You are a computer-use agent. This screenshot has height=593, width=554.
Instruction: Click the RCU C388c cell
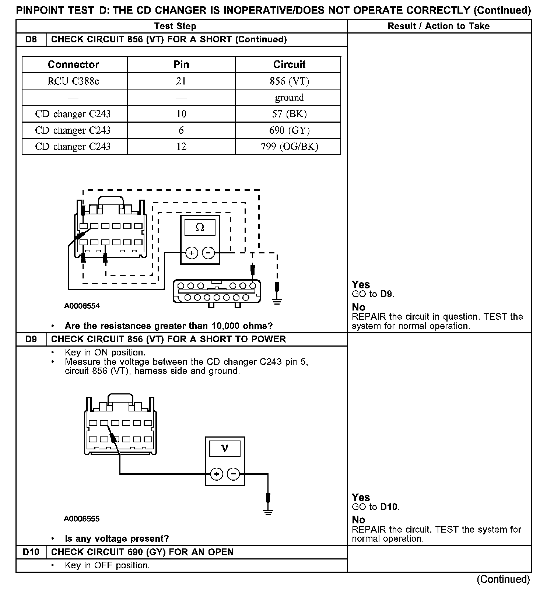pyautogui.click(x=73, y=81)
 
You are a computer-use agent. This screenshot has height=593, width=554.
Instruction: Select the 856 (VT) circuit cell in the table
pyautogui.click(x=289, y=81)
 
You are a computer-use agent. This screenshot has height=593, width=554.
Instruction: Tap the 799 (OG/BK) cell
pyautogui.click(x=289, y=147)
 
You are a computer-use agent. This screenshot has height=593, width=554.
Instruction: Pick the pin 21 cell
pyautogui.click(x=181, y=81)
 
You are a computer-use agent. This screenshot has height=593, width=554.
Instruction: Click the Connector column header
pyautogui.click(x=73, y=64)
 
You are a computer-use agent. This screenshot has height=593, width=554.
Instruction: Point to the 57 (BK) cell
pyautogui.click(x=289, y=114)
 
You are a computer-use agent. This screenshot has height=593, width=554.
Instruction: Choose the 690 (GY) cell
pyautogui.click(x=289, y=130)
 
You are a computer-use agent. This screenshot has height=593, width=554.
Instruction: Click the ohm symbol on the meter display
pyautogui.click(x=200, y=227)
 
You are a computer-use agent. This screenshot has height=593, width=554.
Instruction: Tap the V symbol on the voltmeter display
pyautogui.click(x=225, y=448)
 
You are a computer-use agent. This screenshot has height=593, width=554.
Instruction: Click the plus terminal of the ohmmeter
pyautogui.click(x=192, y=253)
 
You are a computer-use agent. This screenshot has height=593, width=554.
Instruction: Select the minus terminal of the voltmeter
pyautogui.click(x=233, y=474)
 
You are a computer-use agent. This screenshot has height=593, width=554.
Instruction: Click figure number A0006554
pyautogui.click(x=82, y=306)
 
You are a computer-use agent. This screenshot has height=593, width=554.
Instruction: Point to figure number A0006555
pyautogui.click(x=82, y=519)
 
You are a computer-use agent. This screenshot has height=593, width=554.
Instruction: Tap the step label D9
pyautogui.click(x=31, y=339)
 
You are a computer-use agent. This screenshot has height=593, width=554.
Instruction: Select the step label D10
pyautogui.click(x=31, y=552)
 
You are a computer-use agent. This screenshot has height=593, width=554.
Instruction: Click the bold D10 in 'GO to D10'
pyautogui.click(x=389, y=507)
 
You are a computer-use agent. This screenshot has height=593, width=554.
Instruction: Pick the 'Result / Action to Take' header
pyautogui.click(x=439, y=26)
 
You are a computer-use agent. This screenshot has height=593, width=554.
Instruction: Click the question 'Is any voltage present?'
pyautogui.click(x=117, y=538)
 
